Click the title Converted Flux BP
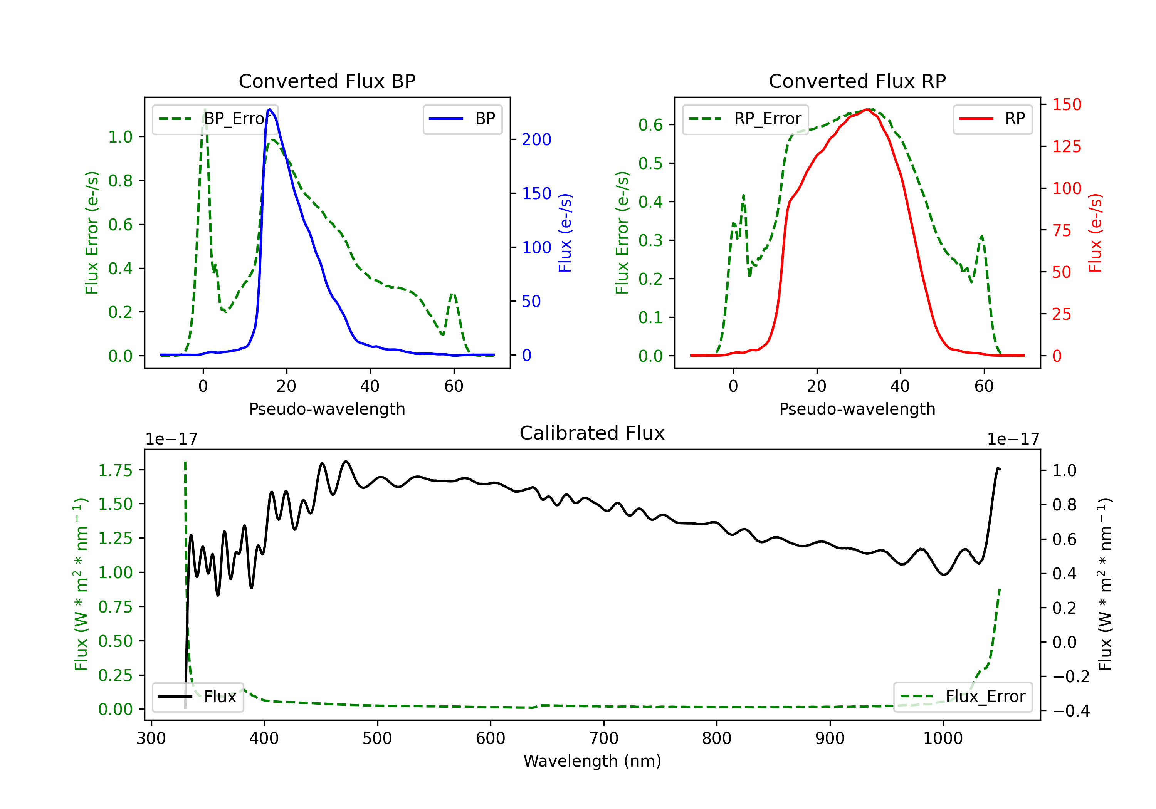pyautogui.click(x=327, y=81)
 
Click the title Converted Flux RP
pyautogui.click(x=857, y=81)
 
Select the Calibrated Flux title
pyautogui.click(x=592, y=433)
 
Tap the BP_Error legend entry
pyautogui.click(x=215, y=119)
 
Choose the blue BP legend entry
pyautogui.click(x=462, y=119)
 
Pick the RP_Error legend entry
pyautogui.click(x=745, y=119)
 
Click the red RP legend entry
pyautogui.click(x=992, y=119)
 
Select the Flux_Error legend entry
pyautogui.click(x=963, y=697)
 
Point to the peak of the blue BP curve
pyautogui.click(x=270, y=109)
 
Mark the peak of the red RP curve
pyautogui.click(x=867, y=109)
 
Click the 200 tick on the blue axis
pyautogui.click(x=536, y=139)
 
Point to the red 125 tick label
pyautogui.click(x=1066, y=146)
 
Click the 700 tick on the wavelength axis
pyautogui.click(x=604, y=739)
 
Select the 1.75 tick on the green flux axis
pyautogui.click(x=115, y=471)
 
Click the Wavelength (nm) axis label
pyautogui.click(x=592, y=761)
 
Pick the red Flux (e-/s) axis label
pyautogui.click(x=1096, y=233)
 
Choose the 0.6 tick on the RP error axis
pyautogui.click(x=650, y=125)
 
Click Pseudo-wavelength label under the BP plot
pyautogui.click(x=327, y=409)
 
